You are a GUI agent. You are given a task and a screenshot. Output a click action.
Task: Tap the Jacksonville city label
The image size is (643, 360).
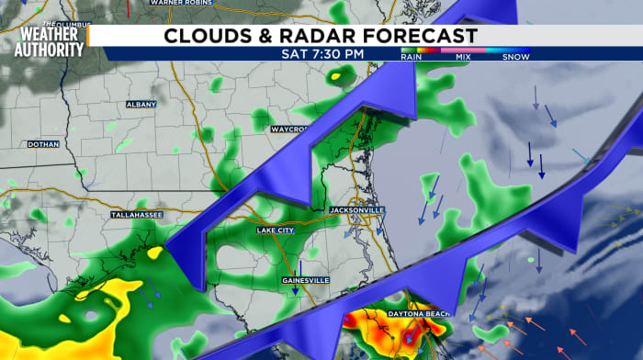(357, 210)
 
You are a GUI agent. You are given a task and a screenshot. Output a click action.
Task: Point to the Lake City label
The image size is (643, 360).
(276, 231)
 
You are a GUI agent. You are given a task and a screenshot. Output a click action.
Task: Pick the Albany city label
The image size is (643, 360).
(141, 105)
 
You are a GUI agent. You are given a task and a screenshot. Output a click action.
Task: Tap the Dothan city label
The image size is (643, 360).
(42, 144)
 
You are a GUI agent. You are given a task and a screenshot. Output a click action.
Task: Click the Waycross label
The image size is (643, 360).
(289, 129)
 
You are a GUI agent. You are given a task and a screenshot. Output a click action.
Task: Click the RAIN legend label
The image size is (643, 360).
(412, 57)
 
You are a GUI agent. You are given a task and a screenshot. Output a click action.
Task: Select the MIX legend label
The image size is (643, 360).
(461, 57)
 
